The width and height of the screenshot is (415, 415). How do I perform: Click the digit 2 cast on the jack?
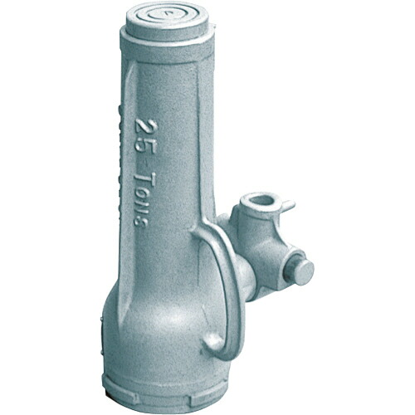[x=144, y=128]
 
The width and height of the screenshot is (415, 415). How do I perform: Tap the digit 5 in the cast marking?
[x=145, y=147]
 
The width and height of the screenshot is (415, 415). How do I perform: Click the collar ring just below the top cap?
[x=166, y=46]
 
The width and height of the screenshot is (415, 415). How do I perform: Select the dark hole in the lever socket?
[x=261, y=200]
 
